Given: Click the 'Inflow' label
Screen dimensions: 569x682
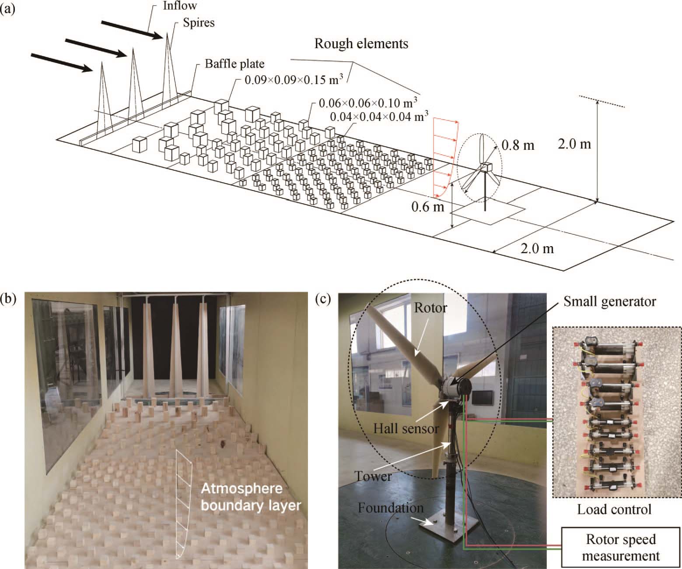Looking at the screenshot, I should click(x=179, y=6).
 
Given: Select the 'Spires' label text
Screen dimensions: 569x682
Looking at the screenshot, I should click(x=199, y=22).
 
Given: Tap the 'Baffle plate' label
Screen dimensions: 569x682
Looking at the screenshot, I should click(x=234, y=64).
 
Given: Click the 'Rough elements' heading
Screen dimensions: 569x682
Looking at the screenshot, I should click(x=361, y=43).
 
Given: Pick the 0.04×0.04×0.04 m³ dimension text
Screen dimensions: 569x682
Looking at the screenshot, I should click(x=379, y=117).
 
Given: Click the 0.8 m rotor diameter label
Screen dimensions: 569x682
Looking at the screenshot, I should click(x=518, y=144).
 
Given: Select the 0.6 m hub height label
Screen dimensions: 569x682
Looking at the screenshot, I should click(x=427, y=205).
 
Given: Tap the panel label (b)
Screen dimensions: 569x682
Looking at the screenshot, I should click(x=9, y=299).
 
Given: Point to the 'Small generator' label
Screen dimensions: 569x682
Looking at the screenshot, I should click(x=609, y=301).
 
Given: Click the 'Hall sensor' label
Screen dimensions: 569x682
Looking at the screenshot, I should click(x=406, y=428).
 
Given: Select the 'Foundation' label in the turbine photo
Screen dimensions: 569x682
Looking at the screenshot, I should click(x=390, y=508).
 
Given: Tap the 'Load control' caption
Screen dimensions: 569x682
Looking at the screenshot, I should click(x=614, y=509).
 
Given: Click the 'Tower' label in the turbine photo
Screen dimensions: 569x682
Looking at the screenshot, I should click(x=373, y=476).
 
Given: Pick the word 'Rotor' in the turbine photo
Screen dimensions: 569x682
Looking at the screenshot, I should click(x=430, y=307).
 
